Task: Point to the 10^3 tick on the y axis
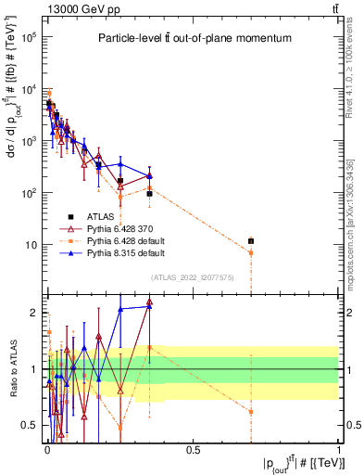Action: tap(28, 141)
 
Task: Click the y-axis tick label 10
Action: tap(30, 245)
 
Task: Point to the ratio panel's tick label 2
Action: tap(34, 313)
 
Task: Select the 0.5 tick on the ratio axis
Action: tap(30, 426)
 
